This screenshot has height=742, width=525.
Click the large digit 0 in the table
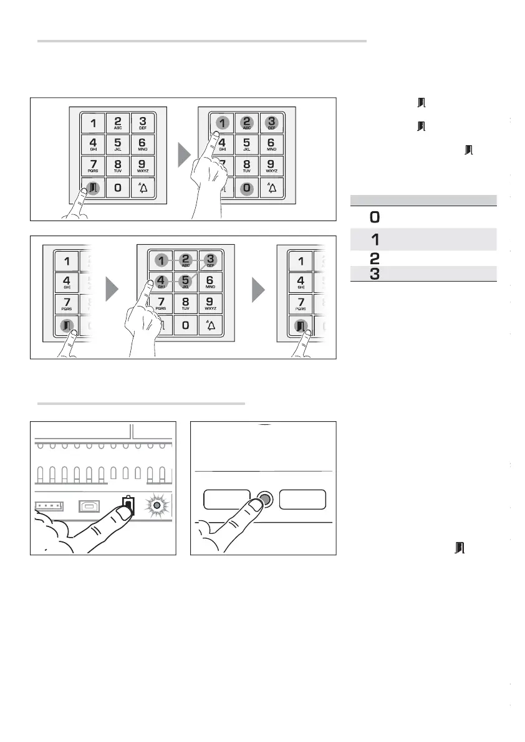click(375, 217)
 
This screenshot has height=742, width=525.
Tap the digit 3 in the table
click(375, 273)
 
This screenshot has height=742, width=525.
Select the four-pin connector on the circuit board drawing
click(48, 505)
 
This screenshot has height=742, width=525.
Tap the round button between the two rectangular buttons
click(264, 500)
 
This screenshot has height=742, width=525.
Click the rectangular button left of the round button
click(227, 500)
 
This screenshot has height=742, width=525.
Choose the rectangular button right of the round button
click(303, 500)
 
